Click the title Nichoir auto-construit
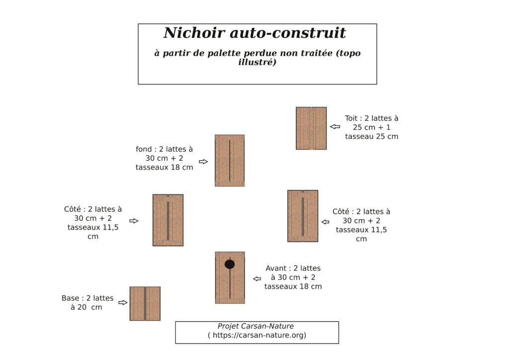pos(254,33)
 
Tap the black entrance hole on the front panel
pos(230,265)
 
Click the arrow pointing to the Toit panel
pos(335,127)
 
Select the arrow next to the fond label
pos(203,162)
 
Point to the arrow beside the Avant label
pos(257,279)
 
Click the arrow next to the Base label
pos(123,302)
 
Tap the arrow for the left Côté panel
pos(134,221)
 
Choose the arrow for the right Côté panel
pos(325,222)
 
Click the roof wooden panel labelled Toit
pos(311,128)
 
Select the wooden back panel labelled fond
pos(230,161)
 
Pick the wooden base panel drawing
pos(145,303)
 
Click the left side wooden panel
pos(168,220)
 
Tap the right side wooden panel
pos(303,216)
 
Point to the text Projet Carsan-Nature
pos(255,326)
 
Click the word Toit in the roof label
pos(352,118)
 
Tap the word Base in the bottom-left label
pos(71,298)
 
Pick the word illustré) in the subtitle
pos(257,63)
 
